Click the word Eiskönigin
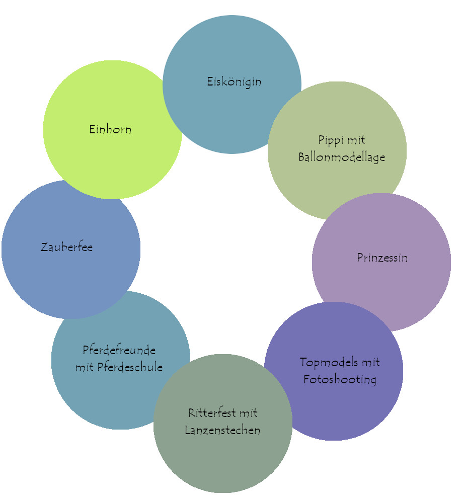234,81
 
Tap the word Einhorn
110,129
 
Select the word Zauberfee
66,247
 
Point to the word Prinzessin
382,258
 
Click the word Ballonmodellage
342,157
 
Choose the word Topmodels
325,362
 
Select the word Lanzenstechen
222,431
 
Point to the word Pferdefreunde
119,350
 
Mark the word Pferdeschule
133,367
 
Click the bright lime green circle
101,101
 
